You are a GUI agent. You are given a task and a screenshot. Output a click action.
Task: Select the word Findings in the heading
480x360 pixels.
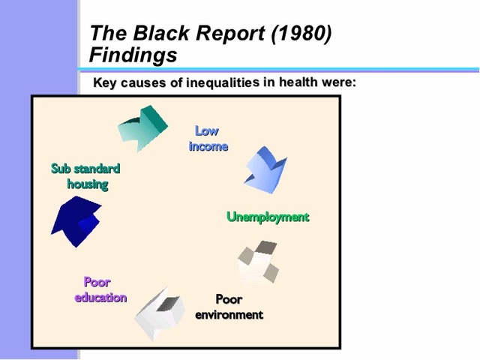[133, 55]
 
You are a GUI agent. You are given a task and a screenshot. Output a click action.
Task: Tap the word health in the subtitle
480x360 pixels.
[299, 82]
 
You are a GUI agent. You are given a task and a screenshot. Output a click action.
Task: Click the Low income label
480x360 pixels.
[208, 139]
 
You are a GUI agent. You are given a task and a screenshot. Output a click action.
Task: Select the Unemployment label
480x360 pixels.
[268, 217]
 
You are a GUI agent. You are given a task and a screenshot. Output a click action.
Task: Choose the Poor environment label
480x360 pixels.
[229, 307]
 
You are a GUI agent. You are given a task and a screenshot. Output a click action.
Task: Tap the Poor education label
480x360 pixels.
[100, 289]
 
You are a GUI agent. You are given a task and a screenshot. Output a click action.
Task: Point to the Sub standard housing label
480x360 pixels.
[85, 175]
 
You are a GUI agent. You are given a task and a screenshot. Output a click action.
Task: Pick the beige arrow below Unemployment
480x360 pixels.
[258, 262]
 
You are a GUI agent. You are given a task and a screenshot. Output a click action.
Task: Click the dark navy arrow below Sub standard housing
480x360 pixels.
[76, 221]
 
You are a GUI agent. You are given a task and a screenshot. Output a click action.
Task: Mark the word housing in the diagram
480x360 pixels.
[88, 184]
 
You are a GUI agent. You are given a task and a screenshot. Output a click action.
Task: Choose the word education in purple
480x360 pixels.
[100, 298]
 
